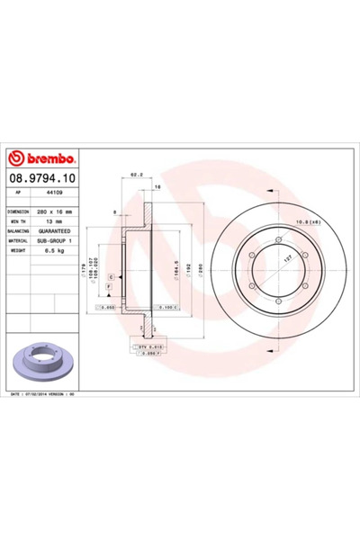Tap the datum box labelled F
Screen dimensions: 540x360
109,286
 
